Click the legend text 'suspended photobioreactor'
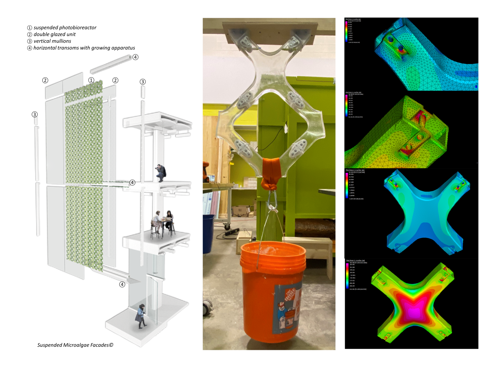65,28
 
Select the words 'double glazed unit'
54,34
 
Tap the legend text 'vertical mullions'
52,41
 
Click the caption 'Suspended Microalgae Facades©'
75,345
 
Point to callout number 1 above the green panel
91,80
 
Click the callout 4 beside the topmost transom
135,57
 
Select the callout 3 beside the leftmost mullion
35,114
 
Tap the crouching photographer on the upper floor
161,173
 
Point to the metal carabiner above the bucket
272,203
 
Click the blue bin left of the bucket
208,232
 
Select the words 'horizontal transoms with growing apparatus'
84,48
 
